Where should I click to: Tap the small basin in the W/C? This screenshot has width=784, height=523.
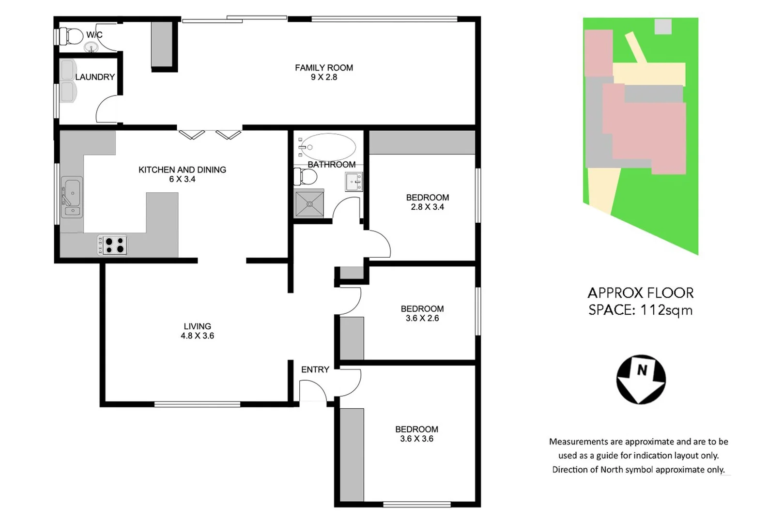(91, 47)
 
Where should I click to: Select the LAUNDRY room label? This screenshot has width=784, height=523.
(95, 77)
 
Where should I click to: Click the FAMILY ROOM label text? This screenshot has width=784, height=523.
(323, 68)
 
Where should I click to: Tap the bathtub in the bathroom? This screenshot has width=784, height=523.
(328, 147)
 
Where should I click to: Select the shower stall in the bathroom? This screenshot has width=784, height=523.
(309, 203)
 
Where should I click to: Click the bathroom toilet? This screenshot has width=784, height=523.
(305, 177)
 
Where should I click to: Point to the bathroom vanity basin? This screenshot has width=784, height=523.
(354, 182)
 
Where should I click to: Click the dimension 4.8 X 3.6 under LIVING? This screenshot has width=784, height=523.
(197, 336)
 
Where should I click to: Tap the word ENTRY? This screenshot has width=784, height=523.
(315, 369)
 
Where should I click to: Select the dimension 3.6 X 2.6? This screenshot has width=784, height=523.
(422, 318)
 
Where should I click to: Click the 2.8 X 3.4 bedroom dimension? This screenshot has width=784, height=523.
(427, 207)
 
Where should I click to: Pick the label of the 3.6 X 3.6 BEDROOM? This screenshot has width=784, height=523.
(416, 429)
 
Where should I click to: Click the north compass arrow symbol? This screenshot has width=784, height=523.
(641, 380)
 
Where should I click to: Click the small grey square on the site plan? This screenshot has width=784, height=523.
(663, 26)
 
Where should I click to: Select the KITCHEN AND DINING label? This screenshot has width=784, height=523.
(182, 169)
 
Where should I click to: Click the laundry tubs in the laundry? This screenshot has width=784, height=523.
(68, 81)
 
